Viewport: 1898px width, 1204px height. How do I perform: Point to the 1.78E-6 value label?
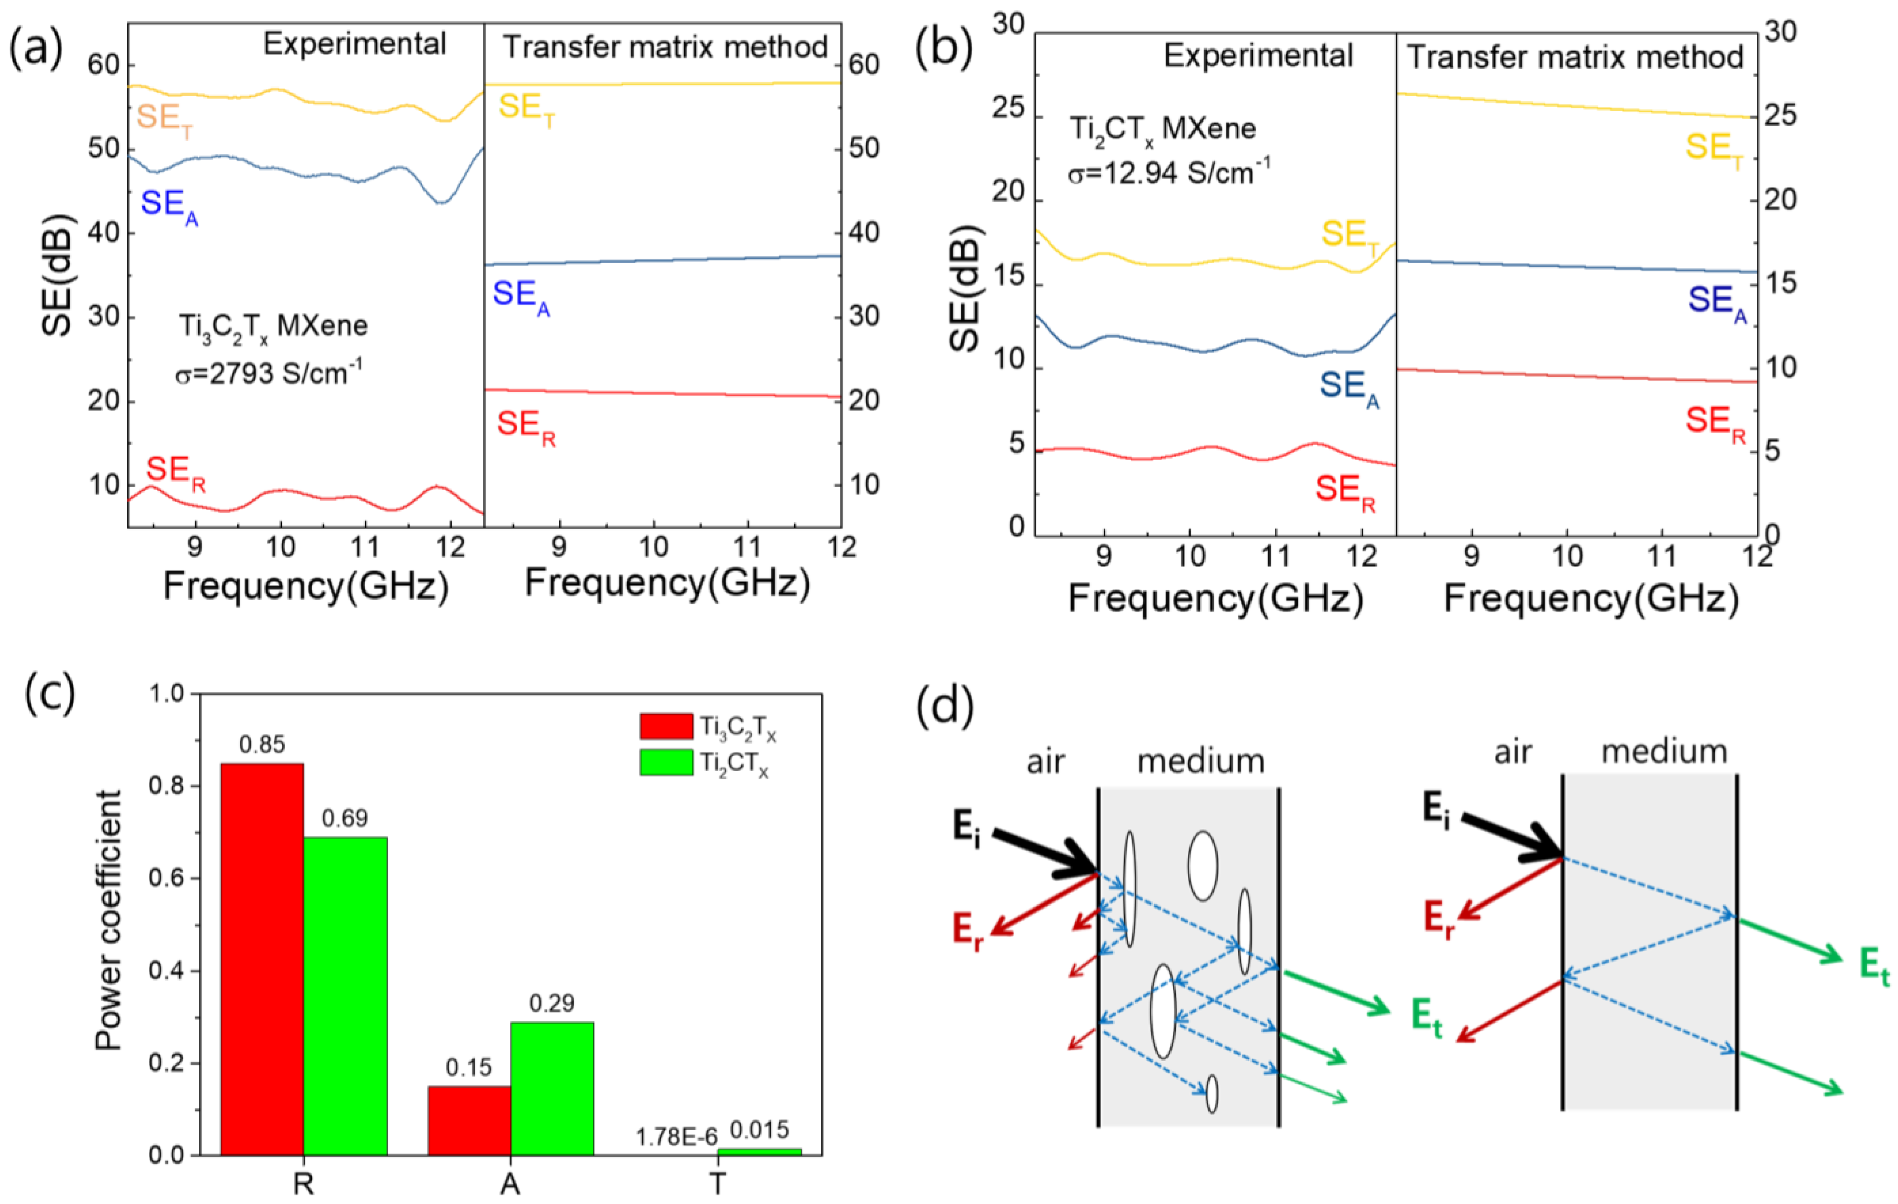tap(676, 1136)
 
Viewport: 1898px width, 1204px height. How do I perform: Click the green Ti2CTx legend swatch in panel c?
tap(666, 763)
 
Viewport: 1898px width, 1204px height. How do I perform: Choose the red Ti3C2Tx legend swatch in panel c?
tap(666, 726)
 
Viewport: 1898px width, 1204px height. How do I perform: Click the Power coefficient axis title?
tap(108, 920)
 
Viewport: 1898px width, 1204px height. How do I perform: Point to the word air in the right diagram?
tap(1512, 753)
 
